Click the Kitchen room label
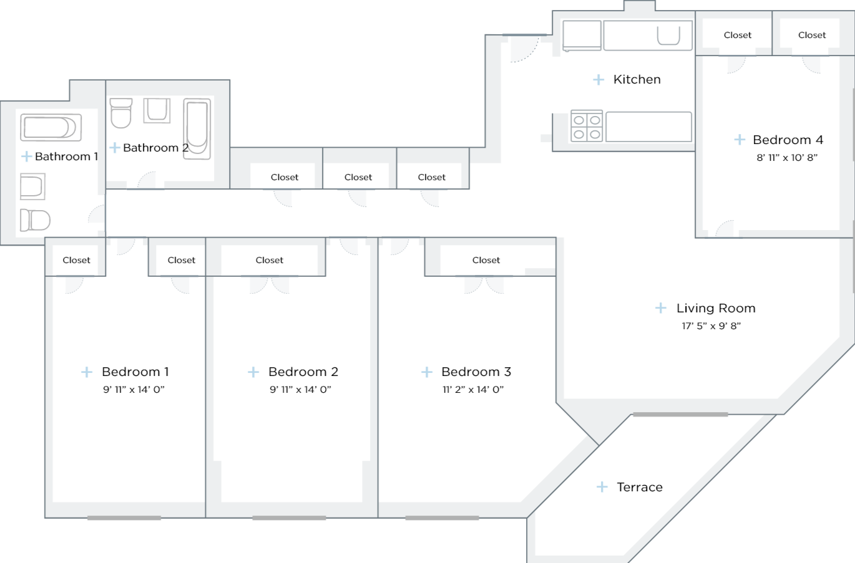tap(637, 79)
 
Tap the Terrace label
tap(640, 487)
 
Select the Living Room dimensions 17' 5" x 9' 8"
tap(711, 325)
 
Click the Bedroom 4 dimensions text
tap(787, 157)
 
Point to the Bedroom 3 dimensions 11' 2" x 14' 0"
tap(473, 390)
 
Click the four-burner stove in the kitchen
tap(587, 126)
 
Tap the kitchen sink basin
tap(668, 36)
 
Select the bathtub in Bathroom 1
tap(51, 127)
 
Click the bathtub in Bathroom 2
tap(197, 129)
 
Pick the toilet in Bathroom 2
tap(121, 113)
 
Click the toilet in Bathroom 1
tap(35, 220)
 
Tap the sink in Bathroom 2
tap(157, 110)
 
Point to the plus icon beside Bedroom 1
tap(87, 372)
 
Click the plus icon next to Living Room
tap(661, 308)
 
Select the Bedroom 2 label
tap(303, 372)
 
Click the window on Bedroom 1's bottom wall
tap(124, 518)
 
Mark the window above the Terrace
tap(680, 414)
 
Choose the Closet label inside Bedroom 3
tap(486, 260)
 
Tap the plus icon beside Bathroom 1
tap(26, 156)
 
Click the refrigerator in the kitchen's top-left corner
tap(582, 36)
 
